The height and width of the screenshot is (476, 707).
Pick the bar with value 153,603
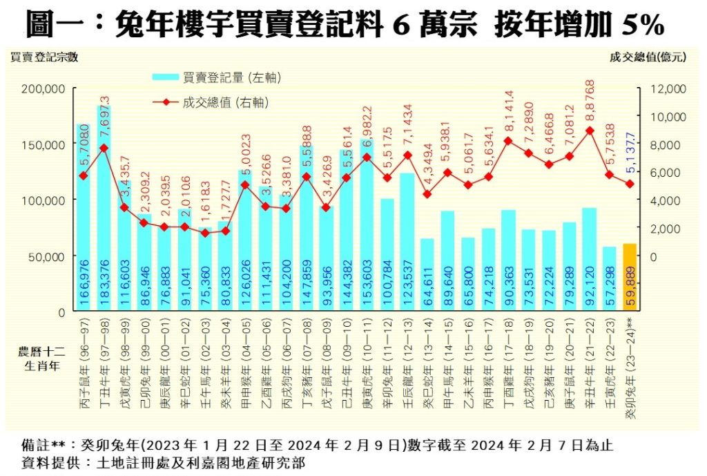tap(366, 228)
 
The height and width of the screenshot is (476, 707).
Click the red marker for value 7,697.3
tap(104, 148)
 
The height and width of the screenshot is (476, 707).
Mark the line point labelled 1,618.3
tap(204, 233)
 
